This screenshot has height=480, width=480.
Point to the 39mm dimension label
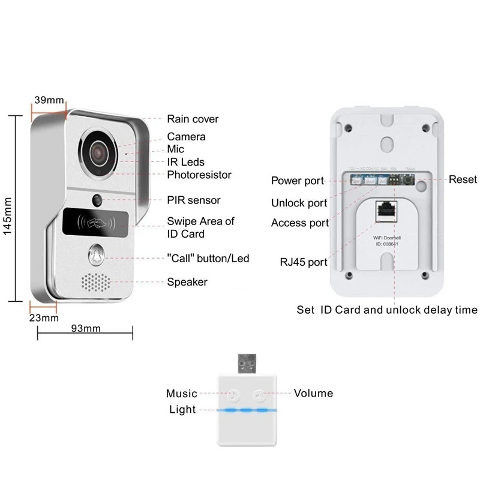[49, 100]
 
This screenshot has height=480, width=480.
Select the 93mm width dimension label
[85, 329]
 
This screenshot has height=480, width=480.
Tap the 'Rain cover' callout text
[193, 119]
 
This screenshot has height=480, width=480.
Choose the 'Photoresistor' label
[199, 175]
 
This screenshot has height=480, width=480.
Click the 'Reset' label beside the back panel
[463, 179]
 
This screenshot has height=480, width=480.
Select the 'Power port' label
[297, 181]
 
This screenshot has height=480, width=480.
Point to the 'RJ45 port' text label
[303, 262]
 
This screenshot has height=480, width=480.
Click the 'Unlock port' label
[299, 203]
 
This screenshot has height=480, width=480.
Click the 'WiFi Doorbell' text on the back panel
[382, 239]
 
